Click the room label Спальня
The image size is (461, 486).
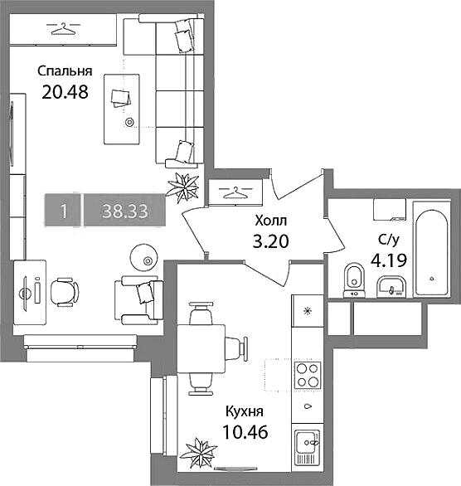click(x=65, y=71)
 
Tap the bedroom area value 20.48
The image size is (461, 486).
click(x=65, y=92)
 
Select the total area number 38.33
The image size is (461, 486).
click(x=125, y=211)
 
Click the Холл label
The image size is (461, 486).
click(x=271, y=221)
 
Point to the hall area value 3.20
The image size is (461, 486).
click(x=271, y=241)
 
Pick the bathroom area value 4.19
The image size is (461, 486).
click(x=389, y=261)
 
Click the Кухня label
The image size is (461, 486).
click(x=245, y=412)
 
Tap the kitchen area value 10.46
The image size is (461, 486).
click(x=245, y=432)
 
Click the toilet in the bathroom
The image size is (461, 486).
click(x=354, y=280)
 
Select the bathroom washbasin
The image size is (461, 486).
click(x=391, y=286)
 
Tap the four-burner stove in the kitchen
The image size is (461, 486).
click(x=308, y=376)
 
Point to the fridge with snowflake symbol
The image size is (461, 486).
click(x=307, y=310)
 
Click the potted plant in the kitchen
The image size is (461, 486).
click(x=199, y=451)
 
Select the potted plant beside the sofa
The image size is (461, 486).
click(x=182, y=187)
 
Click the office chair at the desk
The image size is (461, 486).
click(x=64, y=292)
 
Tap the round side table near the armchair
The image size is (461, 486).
click(x=143, y=257)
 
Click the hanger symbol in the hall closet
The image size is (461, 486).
click(x=235, y=192)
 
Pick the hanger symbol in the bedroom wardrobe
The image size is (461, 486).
click(x=63, y=29)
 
